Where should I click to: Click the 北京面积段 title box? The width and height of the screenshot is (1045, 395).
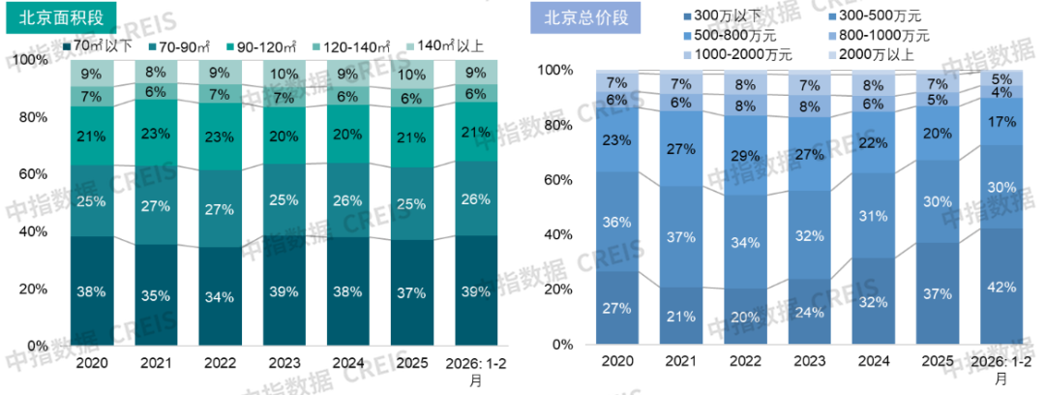point(60,18)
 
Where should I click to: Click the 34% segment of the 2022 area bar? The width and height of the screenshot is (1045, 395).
point(220,296)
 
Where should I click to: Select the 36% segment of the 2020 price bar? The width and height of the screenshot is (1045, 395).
point(617,222)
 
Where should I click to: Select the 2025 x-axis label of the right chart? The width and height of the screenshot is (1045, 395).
point(937,361)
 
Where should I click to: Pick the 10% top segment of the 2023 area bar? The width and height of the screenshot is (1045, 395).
point(284,75)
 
